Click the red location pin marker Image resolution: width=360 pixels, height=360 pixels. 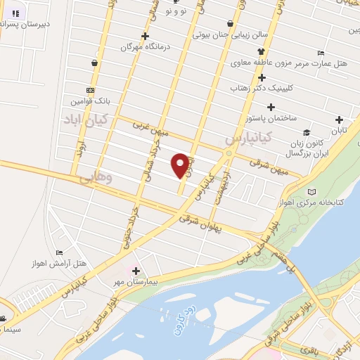182,165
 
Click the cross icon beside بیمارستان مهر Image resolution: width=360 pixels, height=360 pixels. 136,271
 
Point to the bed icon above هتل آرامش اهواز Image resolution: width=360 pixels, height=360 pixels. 59,252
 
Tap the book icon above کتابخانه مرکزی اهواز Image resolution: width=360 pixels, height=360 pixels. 312,191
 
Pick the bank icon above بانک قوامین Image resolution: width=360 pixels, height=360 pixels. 90,90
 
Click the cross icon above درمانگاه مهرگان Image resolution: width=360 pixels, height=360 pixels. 146,36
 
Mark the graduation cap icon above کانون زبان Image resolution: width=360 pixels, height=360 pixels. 306,132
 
